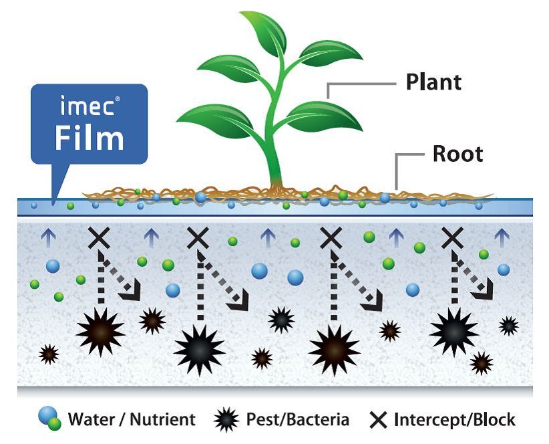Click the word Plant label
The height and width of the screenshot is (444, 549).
pos(433,82)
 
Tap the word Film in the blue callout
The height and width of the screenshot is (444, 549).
pos(89,138)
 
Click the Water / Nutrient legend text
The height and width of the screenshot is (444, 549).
pos(132,420)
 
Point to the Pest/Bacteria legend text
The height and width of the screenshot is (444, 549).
pos(298,420)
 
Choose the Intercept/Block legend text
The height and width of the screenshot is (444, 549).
pos(455,420)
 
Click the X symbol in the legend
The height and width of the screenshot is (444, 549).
pos(379,421)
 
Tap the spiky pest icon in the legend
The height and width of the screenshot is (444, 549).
pos(226,421)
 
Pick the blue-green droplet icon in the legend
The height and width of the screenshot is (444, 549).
pos(49,419)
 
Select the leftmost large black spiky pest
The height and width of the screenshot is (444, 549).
pos(100,328)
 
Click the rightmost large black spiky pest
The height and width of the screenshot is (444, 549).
pos(453,330)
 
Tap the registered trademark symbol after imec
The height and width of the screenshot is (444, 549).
pos(118,100)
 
